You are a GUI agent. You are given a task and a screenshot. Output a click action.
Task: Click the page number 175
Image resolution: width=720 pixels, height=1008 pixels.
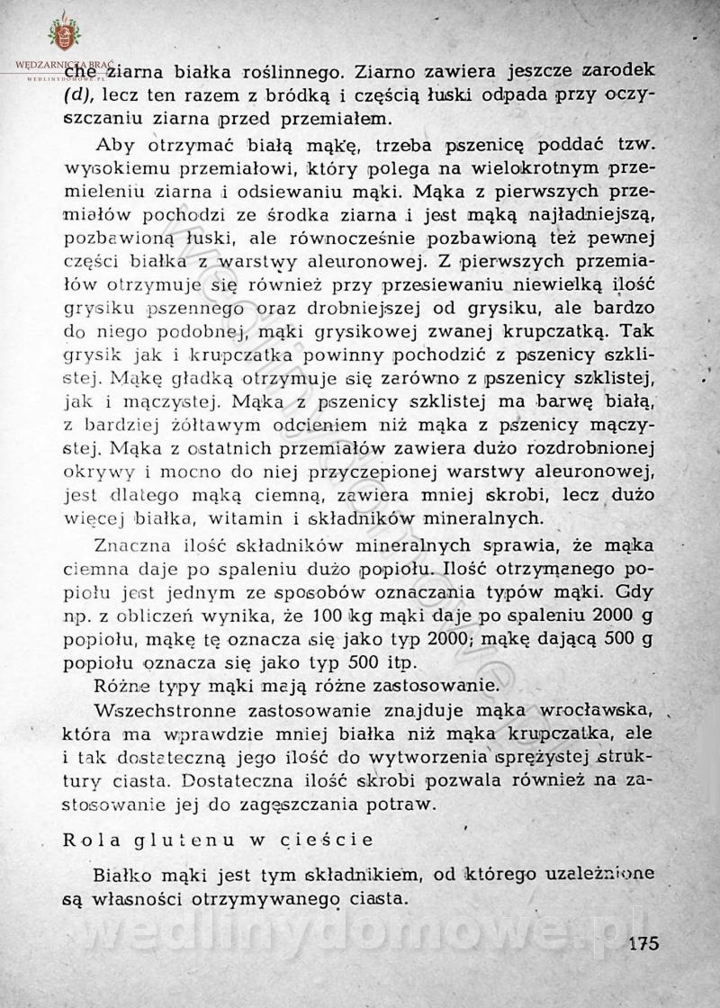click(644, 944)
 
